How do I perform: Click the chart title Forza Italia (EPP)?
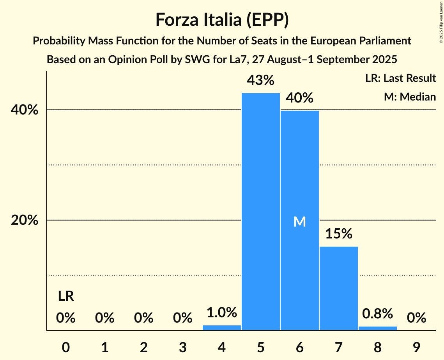pyautogui.click(x=222, y=19)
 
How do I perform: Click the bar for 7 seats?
pyautogui.click(x=338, y=288)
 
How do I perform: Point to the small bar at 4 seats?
pyautogui.click(x=222, y=328)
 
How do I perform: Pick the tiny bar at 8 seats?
pyautogui.click(x=377, y=328)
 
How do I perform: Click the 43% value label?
pyautogui.click(x=260, y=80)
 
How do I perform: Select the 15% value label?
pyautogui.click(x=338, y=234)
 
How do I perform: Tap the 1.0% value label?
pyautogui.click(x=222, y=312)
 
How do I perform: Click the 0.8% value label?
pyautogui.click(x=377, y=313)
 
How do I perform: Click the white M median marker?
pyautogui.click(x=300, y=222)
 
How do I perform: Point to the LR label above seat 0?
pyautogui.click(x=66, y=296)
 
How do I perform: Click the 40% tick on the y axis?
pyautogui.click(x=25, y=110)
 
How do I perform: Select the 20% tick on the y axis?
pyautogui.click(x=25, y=221)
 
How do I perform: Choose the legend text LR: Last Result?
pyautogui.click(x=400, y=78)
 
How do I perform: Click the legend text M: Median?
pyautogui.click(x=410, y=97)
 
